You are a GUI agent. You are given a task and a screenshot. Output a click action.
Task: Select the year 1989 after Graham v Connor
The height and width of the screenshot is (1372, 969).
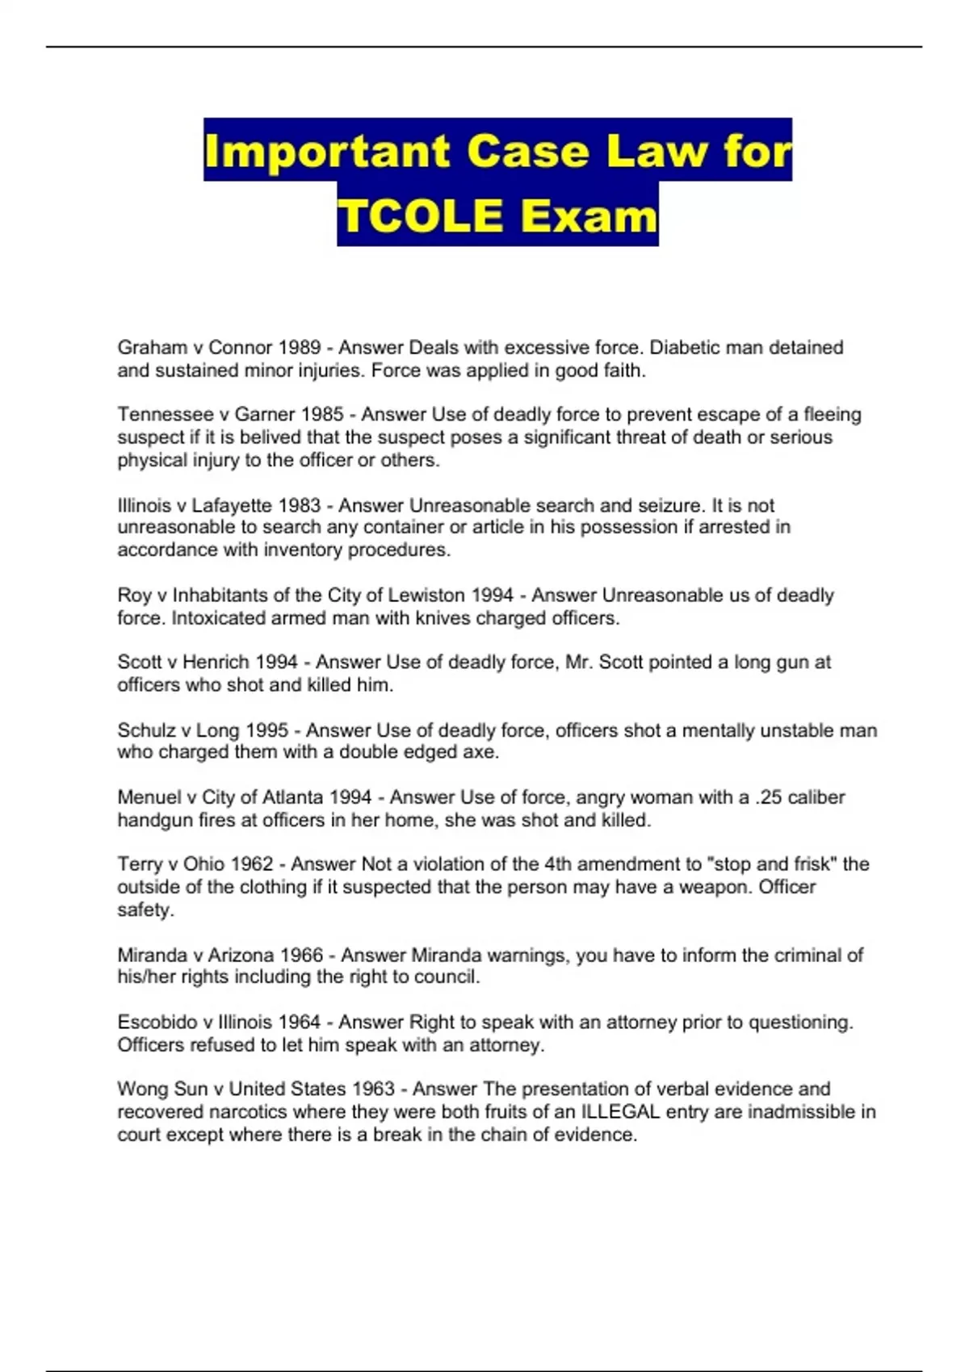pos(299,348)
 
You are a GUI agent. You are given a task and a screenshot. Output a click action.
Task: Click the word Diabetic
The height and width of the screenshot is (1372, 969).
pos(686,348)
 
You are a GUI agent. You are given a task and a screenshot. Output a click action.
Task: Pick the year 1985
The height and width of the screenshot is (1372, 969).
pos(322,415)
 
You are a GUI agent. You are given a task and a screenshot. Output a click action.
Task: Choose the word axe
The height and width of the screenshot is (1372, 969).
pos(482,752)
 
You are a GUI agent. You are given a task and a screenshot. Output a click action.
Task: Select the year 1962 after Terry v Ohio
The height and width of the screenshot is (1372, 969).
pos(252,864)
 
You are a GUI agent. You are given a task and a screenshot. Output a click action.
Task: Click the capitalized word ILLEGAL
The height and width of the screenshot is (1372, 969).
pos(620,1112)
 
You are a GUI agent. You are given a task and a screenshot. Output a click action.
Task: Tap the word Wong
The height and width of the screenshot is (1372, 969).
pos(142,1090)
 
